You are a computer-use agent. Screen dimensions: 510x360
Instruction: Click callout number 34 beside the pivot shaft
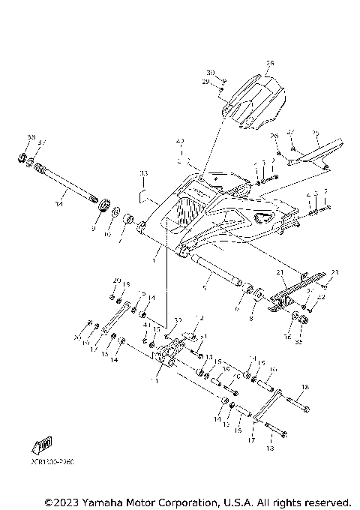click(59, 203)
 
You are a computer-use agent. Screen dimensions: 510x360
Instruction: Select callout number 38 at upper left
click(31, 137)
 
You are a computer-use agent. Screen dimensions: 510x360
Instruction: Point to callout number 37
click(42, 142)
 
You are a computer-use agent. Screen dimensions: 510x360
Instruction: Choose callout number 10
click(106, 234)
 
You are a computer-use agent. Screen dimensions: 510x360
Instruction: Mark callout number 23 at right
click(334, 271)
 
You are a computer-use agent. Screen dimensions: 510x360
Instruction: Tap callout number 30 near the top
click(211, 73)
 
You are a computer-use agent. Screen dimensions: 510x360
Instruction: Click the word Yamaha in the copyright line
click(103, 501)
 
